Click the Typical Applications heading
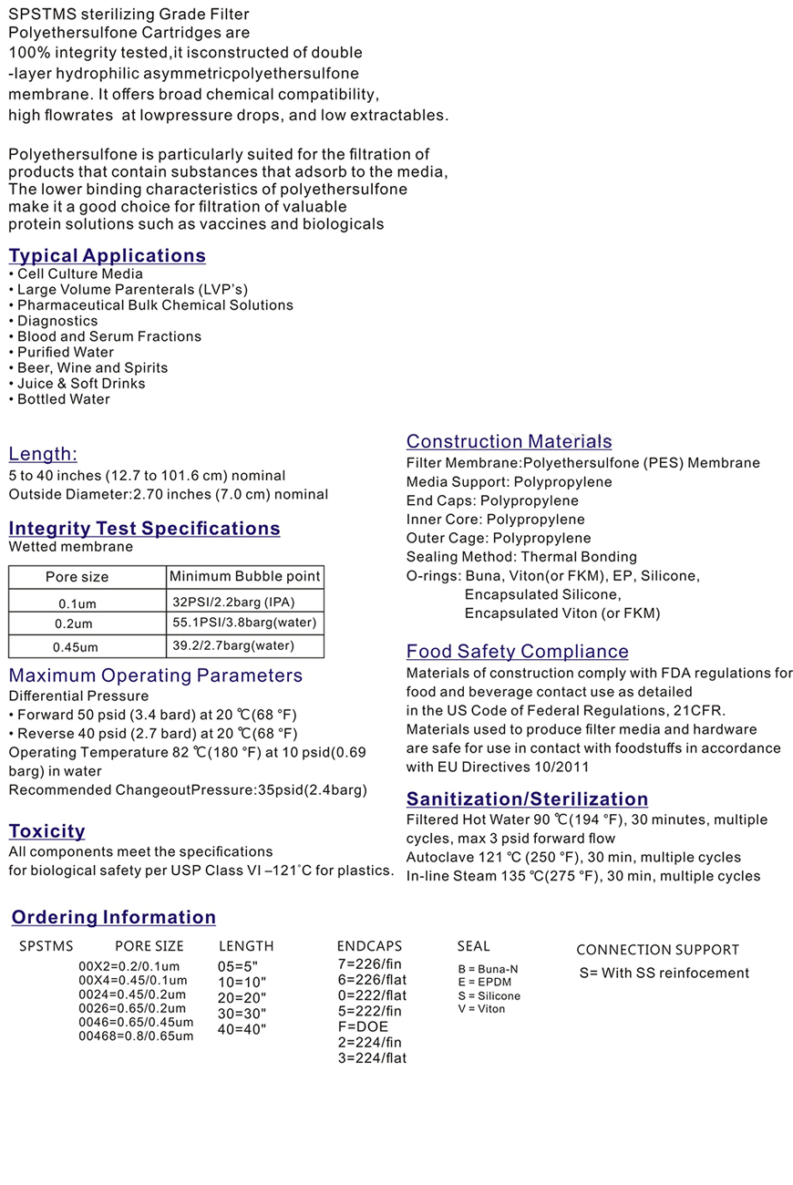[108, 256]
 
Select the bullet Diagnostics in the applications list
[57, 321]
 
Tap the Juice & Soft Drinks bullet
[81, 384]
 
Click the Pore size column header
[77, 577]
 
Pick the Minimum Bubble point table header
[245, 576]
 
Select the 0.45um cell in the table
[77, 647]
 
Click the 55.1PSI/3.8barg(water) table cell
[244, 623]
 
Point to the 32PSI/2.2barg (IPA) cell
[234, 602]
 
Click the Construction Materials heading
[509, 442]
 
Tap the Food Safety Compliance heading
[517, 652]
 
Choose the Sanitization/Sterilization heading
[527, 799]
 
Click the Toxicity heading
[46, 831]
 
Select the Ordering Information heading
[114, 917]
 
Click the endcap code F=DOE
[362, 1026]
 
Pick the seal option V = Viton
[481, 1009]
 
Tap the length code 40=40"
[242, 1029]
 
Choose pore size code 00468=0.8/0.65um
[136, 1036]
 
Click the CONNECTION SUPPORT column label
[657, 950]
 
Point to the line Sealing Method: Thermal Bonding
[521, 557]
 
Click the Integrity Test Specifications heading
[144, 529]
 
